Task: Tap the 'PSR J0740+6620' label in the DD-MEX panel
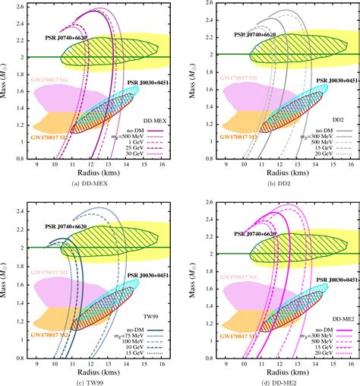(x=65, y=36)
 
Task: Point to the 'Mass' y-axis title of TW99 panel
(x=8, y=277)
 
